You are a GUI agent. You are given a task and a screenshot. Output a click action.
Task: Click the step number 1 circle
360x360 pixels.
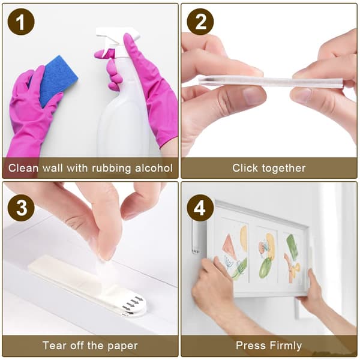coord(21,22)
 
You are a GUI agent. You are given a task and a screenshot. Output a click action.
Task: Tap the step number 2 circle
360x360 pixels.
coord(200,22)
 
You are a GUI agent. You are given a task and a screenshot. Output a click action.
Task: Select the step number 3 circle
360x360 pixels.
coord(21,208)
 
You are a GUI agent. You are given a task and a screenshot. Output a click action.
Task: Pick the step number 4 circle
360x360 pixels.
coord(200,208)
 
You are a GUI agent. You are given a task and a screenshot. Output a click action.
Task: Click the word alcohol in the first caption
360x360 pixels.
coord(154,168)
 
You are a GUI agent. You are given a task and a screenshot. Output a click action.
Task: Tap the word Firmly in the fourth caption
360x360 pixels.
coord(286,346)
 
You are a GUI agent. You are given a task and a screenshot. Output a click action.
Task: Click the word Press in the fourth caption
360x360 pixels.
coord(251,346)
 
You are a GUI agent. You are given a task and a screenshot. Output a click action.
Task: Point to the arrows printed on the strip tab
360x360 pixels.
coord(133,305)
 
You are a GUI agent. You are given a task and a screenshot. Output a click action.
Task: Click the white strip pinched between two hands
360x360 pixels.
coord(271,82)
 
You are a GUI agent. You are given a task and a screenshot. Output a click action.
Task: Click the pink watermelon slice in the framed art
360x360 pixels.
coord(229,245)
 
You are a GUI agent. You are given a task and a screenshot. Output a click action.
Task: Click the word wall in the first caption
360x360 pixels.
coord(53,168)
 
